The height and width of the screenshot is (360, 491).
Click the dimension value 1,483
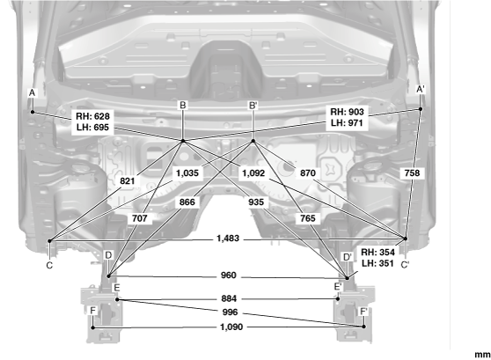[228, 239]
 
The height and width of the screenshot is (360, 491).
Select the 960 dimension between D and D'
[228, 276]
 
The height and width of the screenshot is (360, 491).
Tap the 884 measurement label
[229, 298]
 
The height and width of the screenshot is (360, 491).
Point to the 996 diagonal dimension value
[230, 312]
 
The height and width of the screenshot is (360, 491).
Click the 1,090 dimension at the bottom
[231, 327]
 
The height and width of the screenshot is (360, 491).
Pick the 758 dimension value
[412, 173]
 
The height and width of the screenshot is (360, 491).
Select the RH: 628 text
[92, 116]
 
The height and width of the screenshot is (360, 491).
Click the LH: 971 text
[347, 123]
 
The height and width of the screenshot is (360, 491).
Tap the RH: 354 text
[377, 253]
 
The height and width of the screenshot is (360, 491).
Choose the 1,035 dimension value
[187, 173]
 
